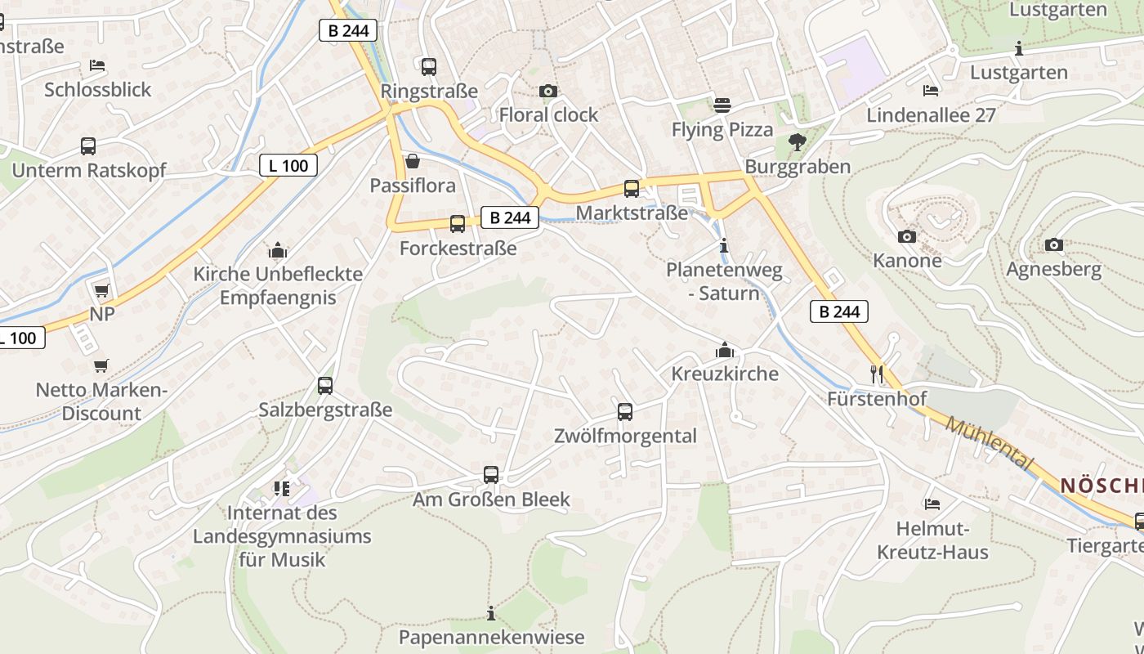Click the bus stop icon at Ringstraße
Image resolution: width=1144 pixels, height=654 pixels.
coord(429,67)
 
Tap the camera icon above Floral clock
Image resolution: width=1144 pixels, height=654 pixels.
coord(548,91)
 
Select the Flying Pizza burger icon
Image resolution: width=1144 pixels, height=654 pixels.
coord(722,105)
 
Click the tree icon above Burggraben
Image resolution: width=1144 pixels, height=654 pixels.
coord(797,142)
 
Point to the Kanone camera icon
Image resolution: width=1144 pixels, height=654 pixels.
coord(907,236)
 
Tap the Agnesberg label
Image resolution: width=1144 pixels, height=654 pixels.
coord(1053,269)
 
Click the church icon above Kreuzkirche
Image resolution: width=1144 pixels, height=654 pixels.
coord(724,351)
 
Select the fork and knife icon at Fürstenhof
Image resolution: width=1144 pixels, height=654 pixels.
coord(877,374)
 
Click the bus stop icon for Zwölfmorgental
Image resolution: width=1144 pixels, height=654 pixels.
coord(625,412)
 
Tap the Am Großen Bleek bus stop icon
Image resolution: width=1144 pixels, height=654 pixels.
coord(491,475)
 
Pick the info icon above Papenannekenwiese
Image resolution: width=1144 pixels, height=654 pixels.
coord(491,613)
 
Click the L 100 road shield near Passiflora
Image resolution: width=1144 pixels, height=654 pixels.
coord(288,166)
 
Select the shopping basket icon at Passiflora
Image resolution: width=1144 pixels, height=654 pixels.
coord(413,161)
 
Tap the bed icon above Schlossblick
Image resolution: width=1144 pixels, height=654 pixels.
coord(97,65)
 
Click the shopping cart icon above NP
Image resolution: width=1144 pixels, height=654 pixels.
coord(101,290)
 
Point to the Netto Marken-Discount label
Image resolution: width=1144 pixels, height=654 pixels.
coord(101,401)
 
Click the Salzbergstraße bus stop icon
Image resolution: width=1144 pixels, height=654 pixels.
coord(325,386)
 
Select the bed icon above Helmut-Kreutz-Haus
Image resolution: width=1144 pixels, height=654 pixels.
coord(932,504)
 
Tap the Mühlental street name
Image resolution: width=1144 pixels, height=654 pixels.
coord(989,444)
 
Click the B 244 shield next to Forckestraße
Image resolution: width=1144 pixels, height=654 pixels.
coord(510,218)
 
